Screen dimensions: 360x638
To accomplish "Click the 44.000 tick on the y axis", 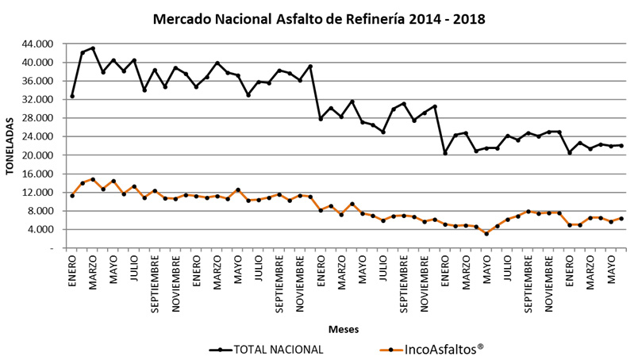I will pyautogui.click(x=38, y=44).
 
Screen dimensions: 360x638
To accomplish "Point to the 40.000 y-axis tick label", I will pyautogui.click(x=38, y=63).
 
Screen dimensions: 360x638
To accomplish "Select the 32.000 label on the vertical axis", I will pyautogui.click(x=38, y=100).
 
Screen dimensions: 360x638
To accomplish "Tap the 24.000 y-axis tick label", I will pyautogui.click(x=38, y=136).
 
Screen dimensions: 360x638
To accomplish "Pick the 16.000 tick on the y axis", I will pyautogui.click(x=38, y=174).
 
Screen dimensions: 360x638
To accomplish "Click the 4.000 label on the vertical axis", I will pyautogui.click(x=40, y=230).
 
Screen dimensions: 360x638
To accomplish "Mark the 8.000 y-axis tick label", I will pyautogui.click(x=40, y=211).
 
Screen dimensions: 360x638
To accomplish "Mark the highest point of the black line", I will pyautogui.click(x=93, y=48).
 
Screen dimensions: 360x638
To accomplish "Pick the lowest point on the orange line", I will pyautogui.click(x=486, y=234).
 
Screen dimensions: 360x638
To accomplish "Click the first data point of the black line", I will pyautogui.click(x=72, y=97).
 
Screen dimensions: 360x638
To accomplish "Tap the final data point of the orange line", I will pyautogui.click(x=621, y=219).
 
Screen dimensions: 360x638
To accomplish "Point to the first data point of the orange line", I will pyautogui.click(x=72, y=195).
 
